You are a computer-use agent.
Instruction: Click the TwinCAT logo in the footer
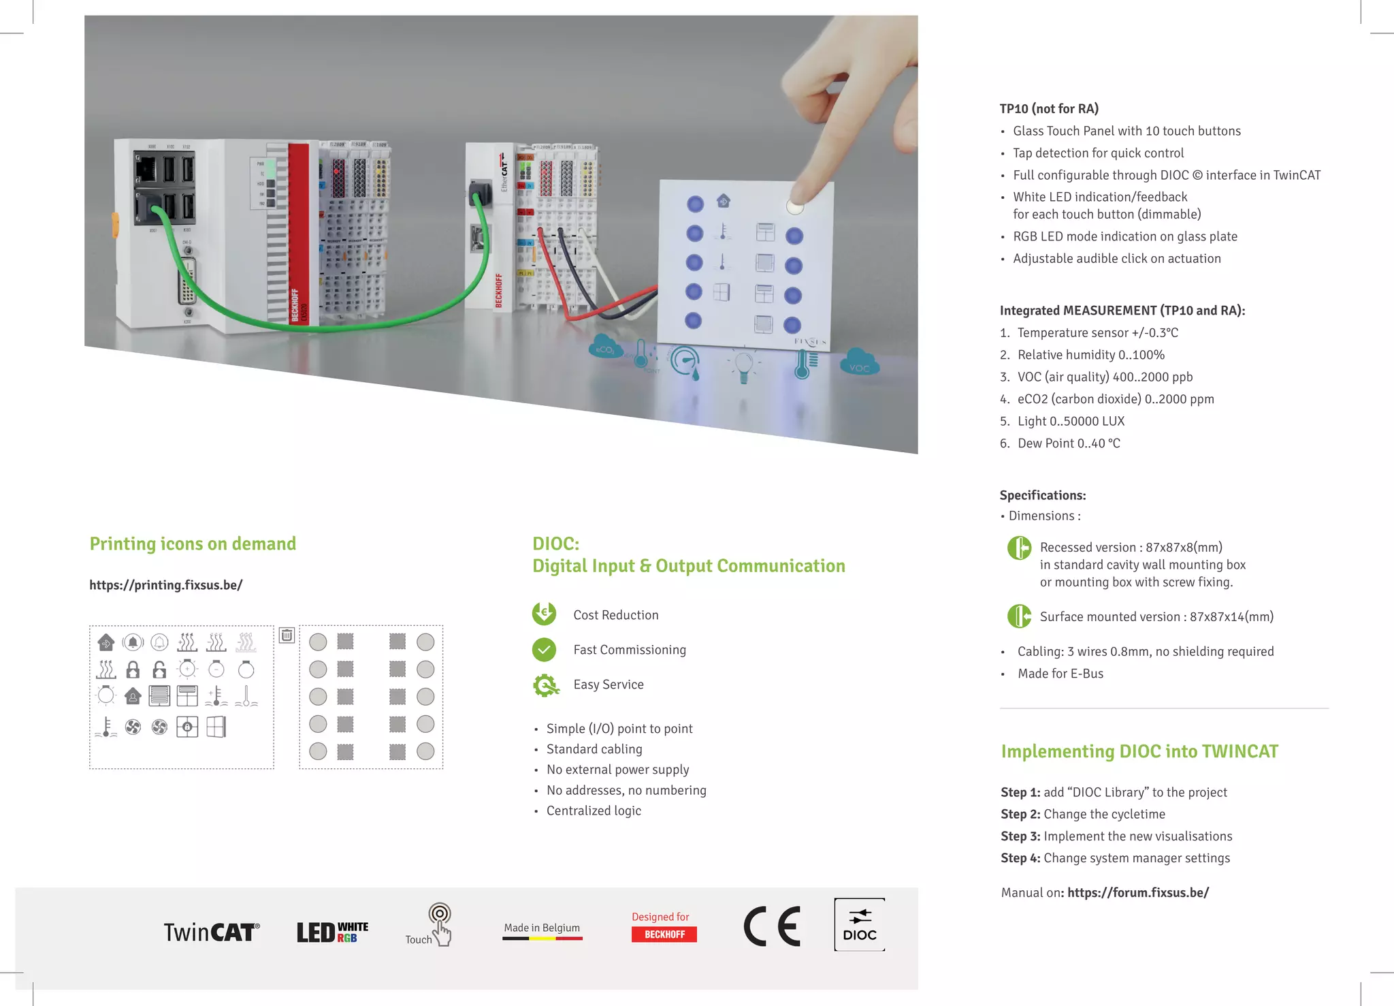211,932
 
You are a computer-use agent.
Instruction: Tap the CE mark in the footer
772,926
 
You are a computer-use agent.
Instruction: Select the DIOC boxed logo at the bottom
859,925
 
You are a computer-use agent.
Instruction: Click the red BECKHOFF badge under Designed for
664,934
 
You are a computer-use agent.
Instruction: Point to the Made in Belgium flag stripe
542,939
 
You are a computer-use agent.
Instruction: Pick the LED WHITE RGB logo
332,932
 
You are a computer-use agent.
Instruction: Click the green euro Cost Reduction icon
544,614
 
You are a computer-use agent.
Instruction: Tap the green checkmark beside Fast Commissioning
544,650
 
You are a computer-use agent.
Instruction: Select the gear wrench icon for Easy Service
545,685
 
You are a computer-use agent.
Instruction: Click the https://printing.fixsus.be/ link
165,585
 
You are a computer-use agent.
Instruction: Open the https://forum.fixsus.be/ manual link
1137,893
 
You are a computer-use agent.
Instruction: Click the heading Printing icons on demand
193,544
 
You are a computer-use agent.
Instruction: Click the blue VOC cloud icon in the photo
859,362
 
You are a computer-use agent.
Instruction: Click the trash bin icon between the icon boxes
287,635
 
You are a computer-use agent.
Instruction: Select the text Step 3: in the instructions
1020,836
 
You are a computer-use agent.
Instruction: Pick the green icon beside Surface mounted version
1019,616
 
